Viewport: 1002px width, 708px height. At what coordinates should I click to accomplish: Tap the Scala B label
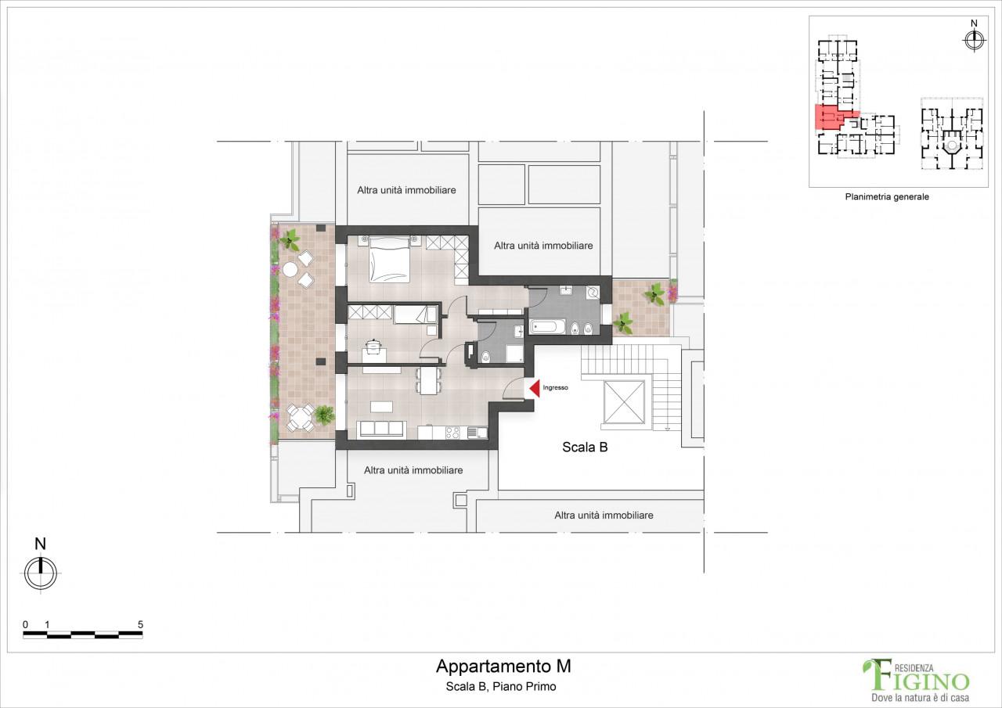585,447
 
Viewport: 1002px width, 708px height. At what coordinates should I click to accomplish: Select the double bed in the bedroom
389,260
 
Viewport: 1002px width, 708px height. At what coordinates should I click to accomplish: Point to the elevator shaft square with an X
625,404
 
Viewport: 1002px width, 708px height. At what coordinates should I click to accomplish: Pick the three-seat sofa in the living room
381,429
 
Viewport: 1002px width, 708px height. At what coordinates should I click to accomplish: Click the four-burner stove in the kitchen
452,432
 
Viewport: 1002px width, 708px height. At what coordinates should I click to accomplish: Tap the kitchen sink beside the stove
475,432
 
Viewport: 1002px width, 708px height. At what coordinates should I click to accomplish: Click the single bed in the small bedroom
415,314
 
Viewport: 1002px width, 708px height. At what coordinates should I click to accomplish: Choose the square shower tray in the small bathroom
515,354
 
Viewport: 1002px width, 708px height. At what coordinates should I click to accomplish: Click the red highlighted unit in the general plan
827,118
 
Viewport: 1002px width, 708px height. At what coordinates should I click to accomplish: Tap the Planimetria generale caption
886,197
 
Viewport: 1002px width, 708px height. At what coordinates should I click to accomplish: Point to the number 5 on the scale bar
140,624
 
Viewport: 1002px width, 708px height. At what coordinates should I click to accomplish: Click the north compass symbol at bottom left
41,573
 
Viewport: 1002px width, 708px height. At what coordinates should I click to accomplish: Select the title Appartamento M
503,667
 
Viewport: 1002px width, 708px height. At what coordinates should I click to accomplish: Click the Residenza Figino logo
915,677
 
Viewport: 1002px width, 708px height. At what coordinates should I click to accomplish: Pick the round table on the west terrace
290,269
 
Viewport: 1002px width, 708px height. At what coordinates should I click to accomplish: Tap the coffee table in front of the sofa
381,406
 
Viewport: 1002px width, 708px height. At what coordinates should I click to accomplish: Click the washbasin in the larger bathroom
566,291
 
